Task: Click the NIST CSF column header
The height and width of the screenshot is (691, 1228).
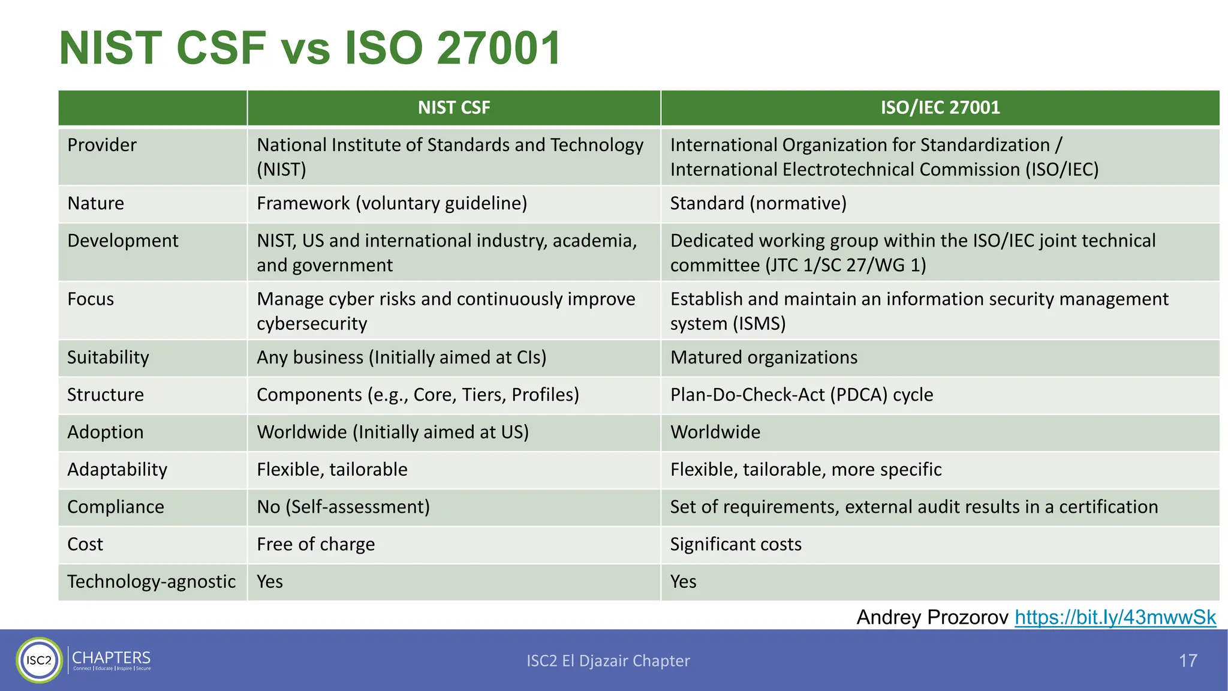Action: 454,108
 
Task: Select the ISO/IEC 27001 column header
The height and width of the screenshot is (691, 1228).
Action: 940,108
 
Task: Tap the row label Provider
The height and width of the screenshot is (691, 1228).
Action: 102,145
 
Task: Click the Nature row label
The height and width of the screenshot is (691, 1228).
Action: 96,203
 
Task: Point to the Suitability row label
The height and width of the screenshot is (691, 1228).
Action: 108,357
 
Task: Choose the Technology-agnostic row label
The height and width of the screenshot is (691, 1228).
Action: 151,582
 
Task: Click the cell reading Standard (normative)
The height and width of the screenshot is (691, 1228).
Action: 758,203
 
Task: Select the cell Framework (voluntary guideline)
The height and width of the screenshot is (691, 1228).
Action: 392,203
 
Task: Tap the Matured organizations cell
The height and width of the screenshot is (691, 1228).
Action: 763,357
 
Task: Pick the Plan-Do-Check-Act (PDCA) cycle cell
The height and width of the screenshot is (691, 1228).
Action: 801,395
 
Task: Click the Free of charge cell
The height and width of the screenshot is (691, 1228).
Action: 315,544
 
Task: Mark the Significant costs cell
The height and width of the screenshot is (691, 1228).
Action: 735,544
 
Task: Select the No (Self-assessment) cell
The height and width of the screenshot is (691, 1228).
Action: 343,507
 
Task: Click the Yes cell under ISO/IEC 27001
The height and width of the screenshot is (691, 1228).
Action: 683,582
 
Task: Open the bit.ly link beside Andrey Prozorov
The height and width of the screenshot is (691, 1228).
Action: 1115,617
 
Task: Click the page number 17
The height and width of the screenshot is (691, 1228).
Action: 1188,660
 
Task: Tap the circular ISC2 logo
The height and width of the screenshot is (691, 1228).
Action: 39,660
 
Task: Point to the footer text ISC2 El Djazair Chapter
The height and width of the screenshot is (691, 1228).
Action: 608,660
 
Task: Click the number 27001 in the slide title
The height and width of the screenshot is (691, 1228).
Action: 499,48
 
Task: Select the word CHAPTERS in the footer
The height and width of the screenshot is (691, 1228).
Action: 112,657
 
